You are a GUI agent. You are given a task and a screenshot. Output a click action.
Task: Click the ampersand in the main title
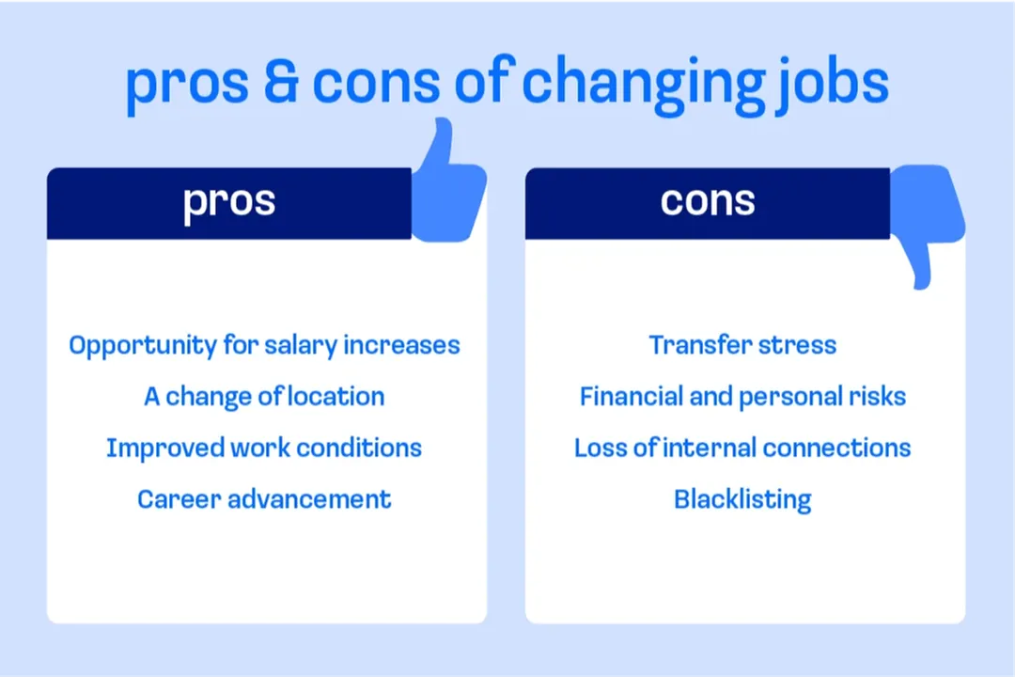coord(280,83)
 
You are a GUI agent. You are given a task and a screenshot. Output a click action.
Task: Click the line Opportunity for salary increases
coord(264,346)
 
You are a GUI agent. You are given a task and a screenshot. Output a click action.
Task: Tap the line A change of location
coord(264,397)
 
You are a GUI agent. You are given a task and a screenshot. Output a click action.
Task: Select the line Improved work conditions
coord(264,448)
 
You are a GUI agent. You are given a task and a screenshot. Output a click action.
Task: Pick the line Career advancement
coord(264,498)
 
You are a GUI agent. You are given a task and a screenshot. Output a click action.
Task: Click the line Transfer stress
coord(742,345)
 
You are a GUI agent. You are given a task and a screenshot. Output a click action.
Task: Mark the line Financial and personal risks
coord(742,397)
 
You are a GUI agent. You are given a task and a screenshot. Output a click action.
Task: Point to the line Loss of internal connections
coord(742,448)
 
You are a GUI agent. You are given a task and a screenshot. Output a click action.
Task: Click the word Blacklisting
coord(742,499)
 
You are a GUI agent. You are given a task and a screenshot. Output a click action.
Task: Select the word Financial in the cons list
coord(631,397)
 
